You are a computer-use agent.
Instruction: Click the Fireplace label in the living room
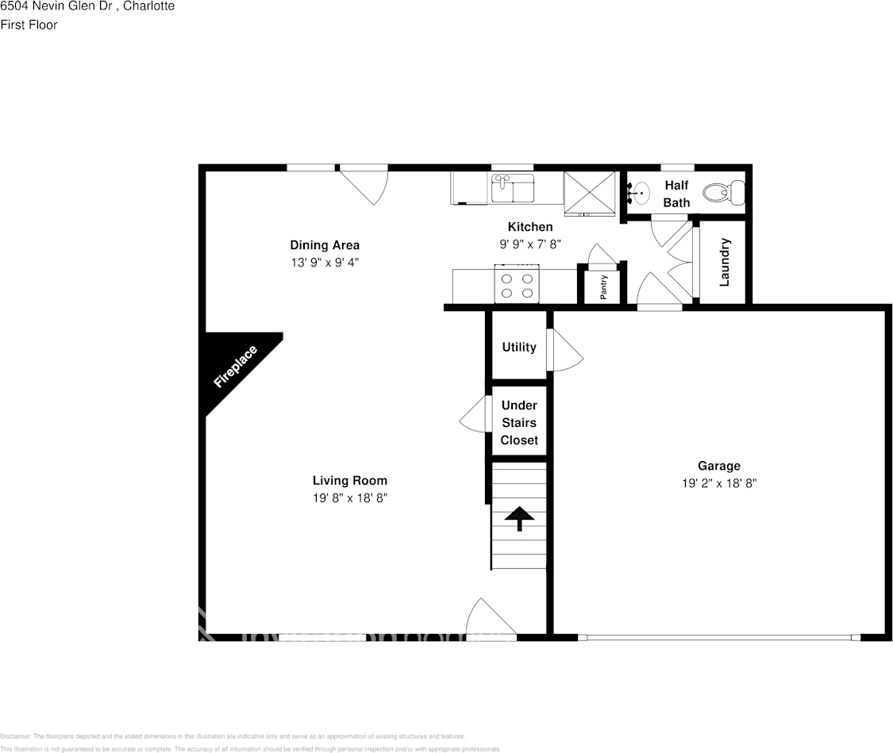(x=236, y=367)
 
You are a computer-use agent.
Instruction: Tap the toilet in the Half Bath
(x=725, y=191)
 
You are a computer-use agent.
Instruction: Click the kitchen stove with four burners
(x=517, y=284)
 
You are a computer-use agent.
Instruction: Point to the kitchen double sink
(x=513, y=190)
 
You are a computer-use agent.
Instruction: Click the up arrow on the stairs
(x=520, y=517)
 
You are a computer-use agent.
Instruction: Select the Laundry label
(x=724, y=263)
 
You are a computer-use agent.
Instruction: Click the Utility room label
(x=519, y=347)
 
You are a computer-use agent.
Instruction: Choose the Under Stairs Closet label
(x=519, y=423)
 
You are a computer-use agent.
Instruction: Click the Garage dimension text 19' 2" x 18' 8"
(x=719, y=482)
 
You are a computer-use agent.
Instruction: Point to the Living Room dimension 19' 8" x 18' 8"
(x=349, y=498)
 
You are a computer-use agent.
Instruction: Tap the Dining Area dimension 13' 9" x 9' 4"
(x=325, y=262)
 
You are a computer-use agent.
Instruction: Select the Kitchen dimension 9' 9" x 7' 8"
(x=529, y=244)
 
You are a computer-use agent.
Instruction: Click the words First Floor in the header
(x=29, y=25)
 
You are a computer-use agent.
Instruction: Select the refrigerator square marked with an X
(x=589, y=192)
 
